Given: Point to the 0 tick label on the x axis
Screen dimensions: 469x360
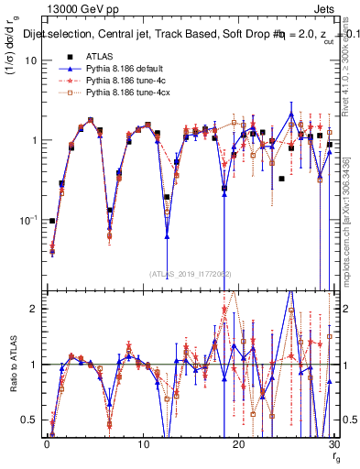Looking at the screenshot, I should [48, 443].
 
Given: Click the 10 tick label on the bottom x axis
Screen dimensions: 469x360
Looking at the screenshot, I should [143, 443].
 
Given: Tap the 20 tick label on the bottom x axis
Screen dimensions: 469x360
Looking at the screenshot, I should [238, 443].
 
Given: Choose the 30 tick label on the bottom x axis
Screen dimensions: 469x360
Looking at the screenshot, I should [333, 443].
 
